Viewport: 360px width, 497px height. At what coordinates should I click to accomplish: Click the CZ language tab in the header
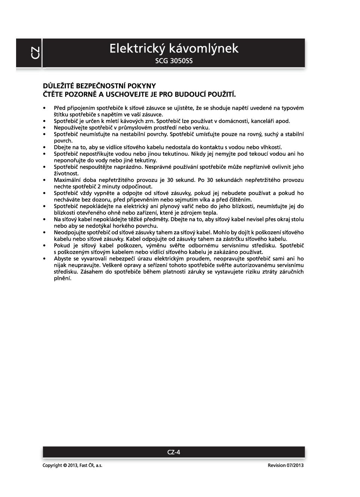pos(35,53)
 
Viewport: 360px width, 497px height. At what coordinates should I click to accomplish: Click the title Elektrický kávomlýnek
pos(174,48)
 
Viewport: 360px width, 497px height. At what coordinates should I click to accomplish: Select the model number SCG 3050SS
pos(174,61)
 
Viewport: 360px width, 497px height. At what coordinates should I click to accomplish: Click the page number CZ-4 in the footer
pos(174,452)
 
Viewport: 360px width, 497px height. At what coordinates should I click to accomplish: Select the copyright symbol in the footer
pos(65,466)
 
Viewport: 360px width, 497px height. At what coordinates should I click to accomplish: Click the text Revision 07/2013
pos(286,466)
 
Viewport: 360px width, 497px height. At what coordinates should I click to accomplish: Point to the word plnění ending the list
pos(62,278)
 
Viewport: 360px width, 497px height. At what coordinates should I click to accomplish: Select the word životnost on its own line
pos(66,174)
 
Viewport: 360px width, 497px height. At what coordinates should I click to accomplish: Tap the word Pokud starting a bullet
pos(62,246)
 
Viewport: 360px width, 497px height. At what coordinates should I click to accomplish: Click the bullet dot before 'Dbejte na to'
pos(45,147)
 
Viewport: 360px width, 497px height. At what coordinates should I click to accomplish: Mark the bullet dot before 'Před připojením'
pos(45,108)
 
